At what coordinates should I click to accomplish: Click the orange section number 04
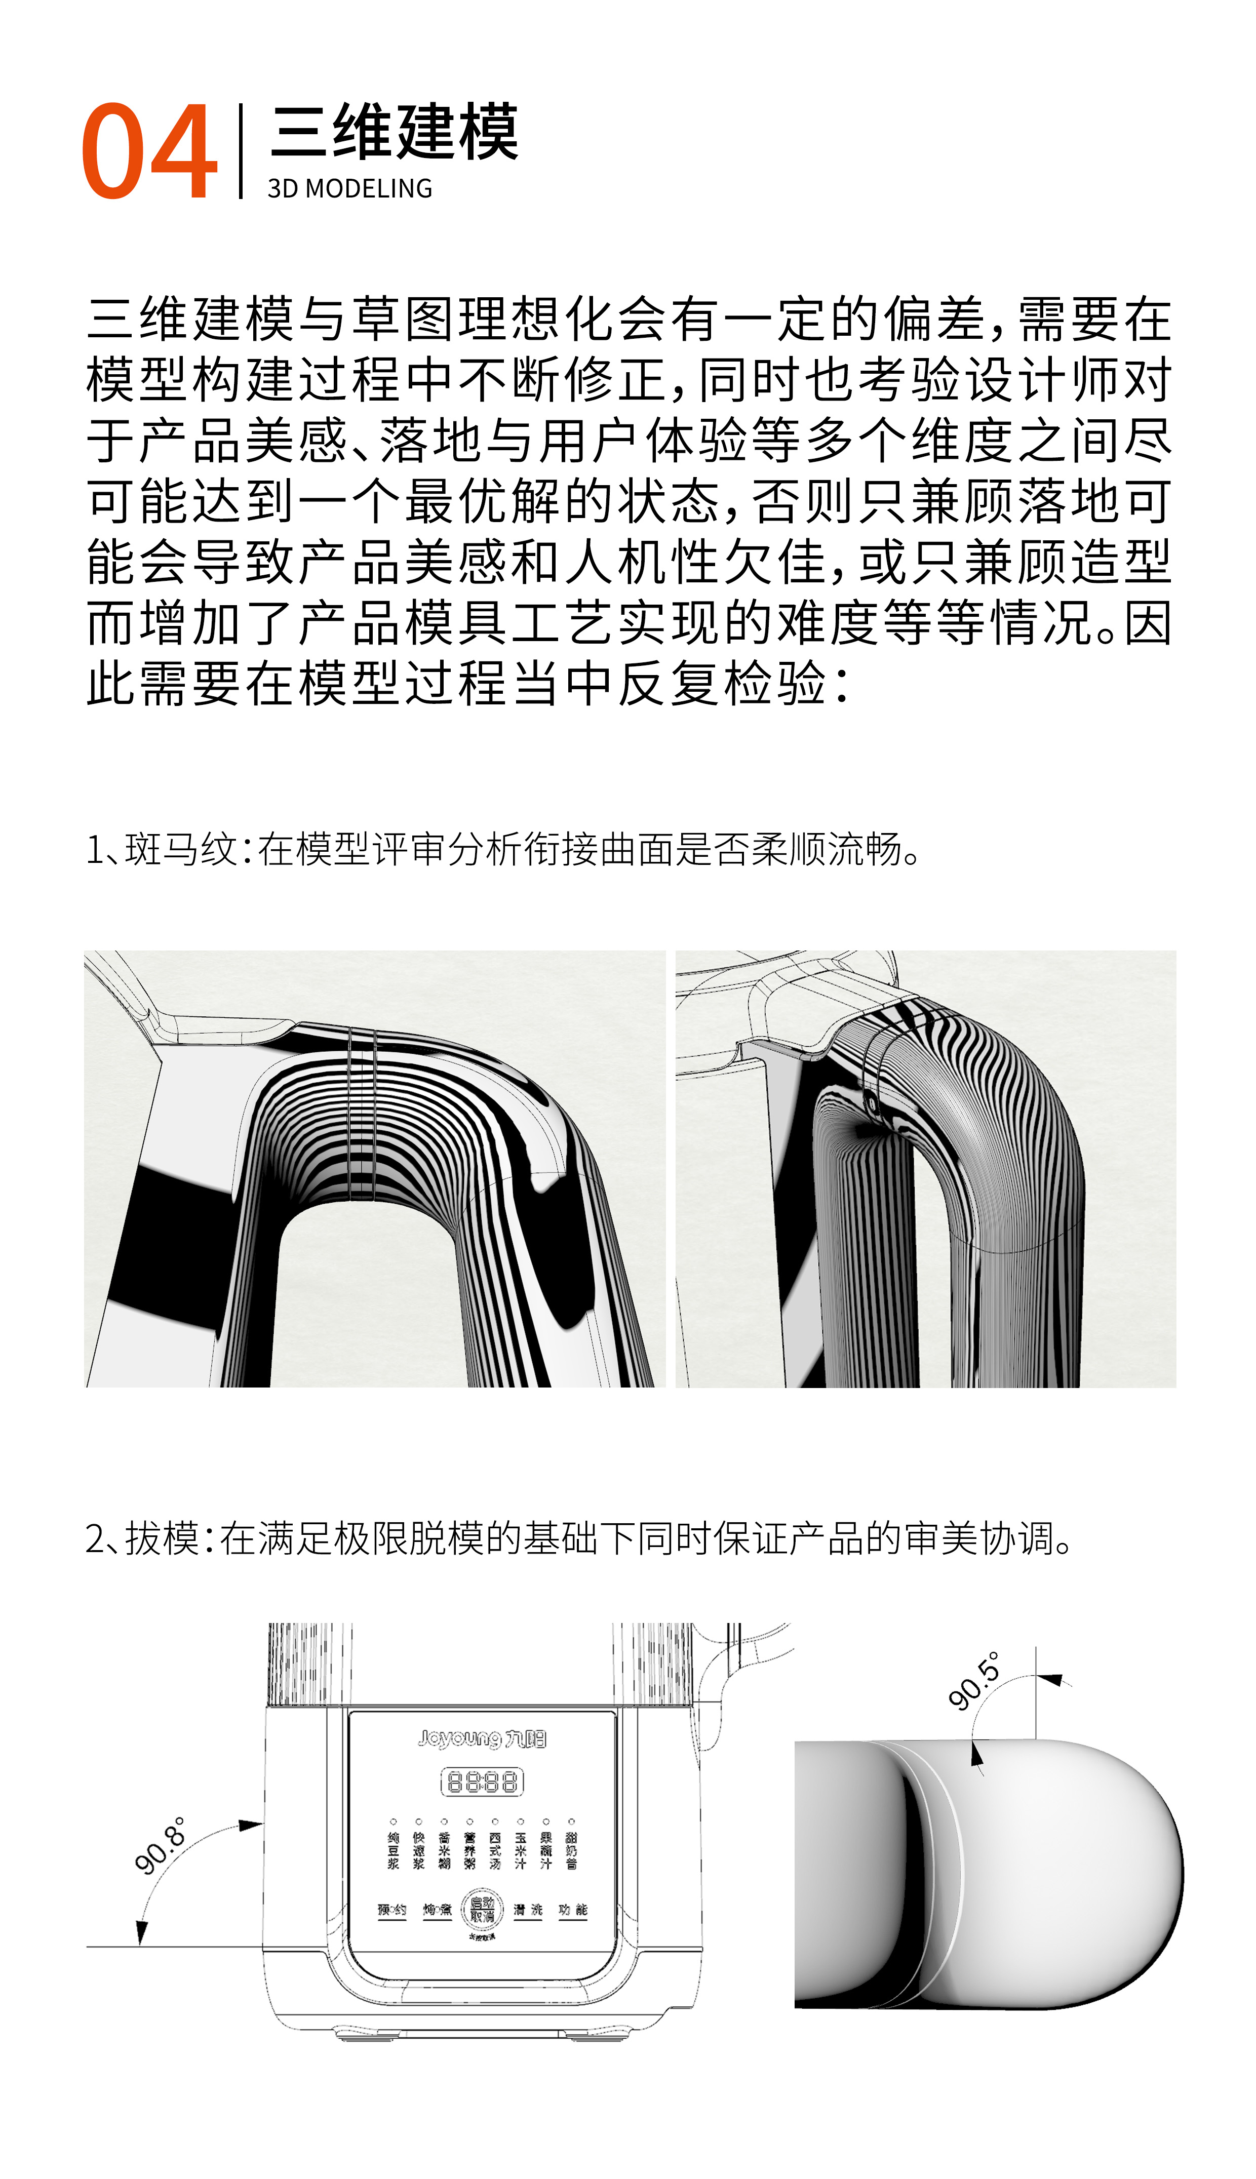pyautogui.click(x=148, y=151)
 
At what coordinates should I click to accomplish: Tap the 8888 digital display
pyautogui.click(x=482, y=1781)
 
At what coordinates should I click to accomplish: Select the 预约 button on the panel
pyautogui.click(x=391, y=1910)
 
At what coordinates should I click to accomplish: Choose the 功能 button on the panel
pyautogui.click(x=573, y=1910)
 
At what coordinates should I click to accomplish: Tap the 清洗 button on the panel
pyautogui.click(x=528, y=1910)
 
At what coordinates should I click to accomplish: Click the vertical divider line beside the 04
pyautogui.click(x=241, y=151)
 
